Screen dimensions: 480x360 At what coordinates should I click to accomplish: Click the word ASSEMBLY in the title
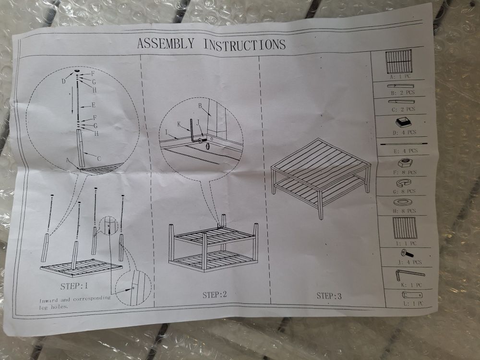[x=166, y=43]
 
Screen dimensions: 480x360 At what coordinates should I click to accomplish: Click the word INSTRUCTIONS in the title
[x=245, y=44]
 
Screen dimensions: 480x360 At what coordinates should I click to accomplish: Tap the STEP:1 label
[x=74, y=286]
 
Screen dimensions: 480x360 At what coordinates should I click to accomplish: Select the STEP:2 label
[x=215, y=295]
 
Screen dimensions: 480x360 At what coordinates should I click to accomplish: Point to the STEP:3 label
[x=329, y=296]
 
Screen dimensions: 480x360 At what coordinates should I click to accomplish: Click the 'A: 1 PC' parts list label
[x=400, y=76]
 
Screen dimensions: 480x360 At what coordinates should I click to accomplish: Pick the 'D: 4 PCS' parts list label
[x=404, y=132]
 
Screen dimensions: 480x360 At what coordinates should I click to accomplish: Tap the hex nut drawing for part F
[x=405, y=163]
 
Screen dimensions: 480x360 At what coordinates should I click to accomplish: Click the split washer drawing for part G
[x=404, y=183]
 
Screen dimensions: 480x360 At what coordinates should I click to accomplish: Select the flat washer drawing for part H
[x=403, y=203]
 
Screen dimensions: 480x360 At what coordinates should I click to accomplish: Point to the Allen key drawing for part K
[x=410, y=274]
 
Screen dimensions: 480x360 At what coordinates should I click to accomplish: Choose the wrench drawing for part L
[x=412, y=295]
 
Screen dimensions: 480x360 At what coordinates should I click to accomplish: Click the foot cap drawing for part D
[x=403, y=122]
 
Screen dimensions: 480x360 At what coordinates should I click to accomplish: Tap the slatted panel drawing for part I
[x=405, y=228]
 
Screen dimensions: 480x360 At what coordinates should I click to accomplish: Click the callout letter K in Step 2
[x=179, y=124]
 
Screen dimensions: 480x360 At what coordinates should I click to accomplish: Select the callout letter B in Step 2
[x=200, y=106]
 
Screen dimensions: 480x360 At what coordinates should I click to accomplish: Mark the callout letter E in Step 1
[x=94, y=105]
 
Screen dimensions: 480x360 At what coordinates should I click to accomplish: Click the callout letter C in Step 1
[x=99, y=158]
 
